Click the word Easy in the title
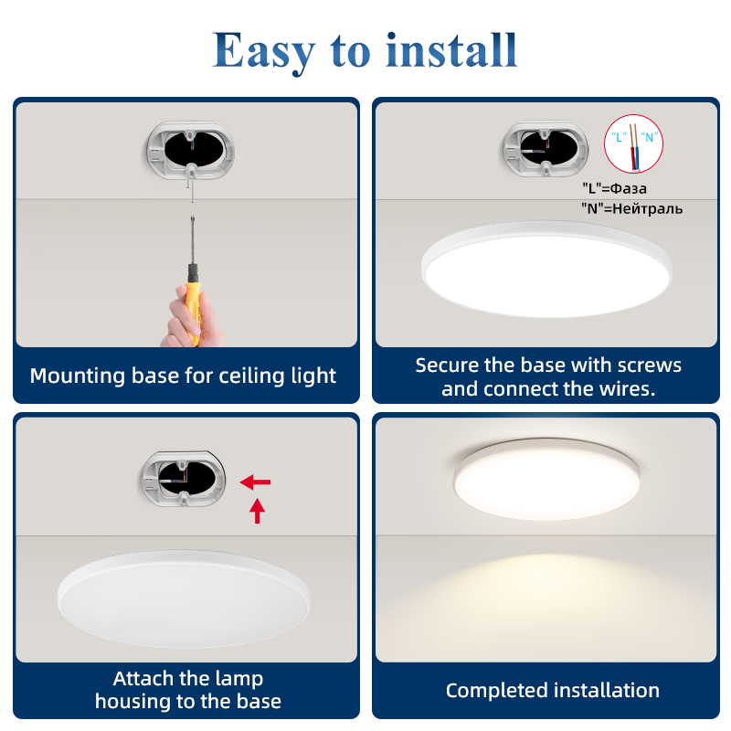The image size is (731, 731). (264, 52)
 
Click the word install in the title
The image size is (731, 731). (451, 50)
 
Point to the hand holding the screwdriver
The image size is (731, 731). (191, 319)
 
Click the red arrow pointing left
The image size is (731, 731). (255, 482)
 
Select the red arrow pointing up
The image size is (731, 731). (257, 511)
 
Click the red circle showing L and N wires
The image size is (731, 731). (633, 143)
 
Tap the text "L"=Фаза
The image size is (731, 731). (614, 188)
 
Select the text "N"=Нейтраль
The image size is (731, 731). (631, 208)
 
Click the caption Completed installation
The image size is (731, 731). (553, 691)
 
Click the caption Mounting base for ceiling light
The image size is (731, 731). (183, 376)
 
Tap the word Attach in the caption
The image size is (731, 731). (143, 678)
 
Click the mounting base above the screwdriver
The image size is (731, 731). (190, 151)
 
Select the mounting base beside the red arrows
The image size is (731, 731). (185, 479)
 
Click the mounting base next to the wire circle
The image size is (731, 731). (545, 149)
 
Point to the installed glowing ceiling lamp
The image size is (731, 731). (546, 479)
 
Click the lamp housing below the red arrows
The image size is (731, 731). (184, 599)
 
